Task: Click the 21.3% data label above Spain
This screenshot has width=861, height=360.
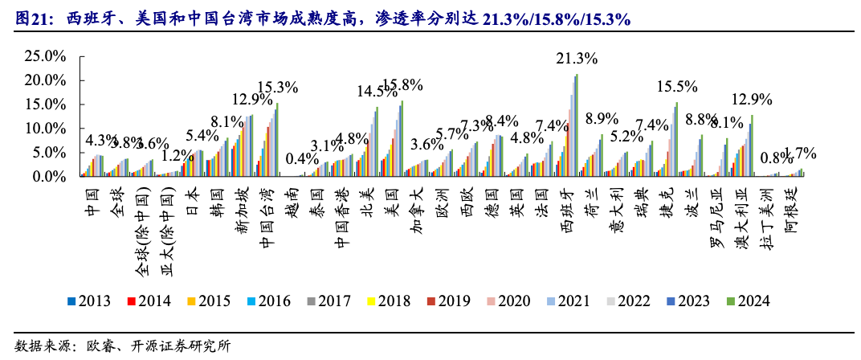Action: pyautogui.click(x=577, y=59)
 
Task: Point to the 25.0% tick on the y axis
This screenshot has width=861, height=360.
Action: pyautogui.click(x=45, y=56)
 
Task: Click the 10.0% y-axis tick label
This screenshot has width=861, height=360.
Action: pyautogui.click(x=45, y=129)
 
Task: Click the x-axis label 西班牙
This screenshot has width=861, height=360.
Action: pyautogui.click(x=569, y=207)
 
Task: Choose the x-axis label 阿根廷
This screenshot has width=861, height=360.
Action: pyautogui.click(x=790, y=207)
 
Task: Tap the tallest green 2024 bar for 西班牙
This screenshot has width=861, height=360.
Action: pyautogui.click(x=577, y=125)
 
